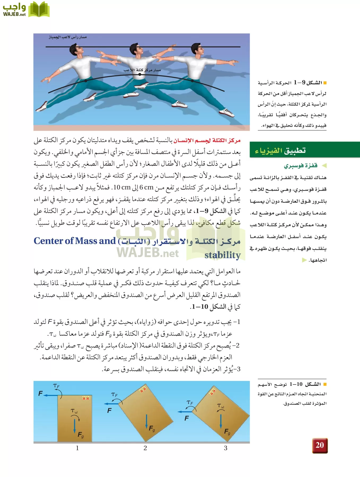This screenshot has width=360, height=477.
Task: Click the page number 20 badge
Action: pyautogui.click(x=320, y=445)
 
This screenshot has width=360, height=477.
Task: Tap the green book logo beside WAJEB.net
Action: pyautogui.click(x=39, y=10)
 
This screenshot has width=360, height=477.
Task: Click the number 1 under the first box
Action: pyautogui.click(x=77, y=448)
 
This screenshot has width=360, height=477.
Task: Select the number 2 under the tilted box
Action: pyautogui.click(x=145, y=448)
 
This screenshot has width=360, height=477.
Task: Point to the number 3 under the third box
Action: pyautogui.click(x=226, y=448)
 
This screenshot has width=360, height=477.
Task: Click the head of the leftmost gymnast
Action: pyautogui.click(x=76, y=50)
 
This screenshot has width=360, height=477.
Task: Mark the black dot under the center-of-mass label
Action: pyautogui.click(x=140, y=75)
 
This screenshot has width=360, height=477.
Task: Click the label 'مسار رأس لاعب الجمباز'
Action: pyautogui.click(x=68, y=37)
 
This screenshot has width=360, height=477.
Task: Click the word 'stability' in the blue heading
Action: pyautogui.click(x=222, y=255)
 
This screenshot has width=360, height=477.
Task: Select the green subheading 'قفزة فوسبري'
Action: pyautogui.click(x=300, y=166)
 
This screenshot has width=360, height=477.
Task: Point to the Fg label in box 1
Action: pyautogui.click(x=81, y=435)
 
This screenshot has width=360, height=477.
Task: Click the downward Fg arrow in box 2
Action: pyautogui.click(x=146, y=422)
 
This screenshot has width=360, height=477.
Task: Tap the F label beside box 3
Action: pyautogui.click(x=187, y=418)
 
